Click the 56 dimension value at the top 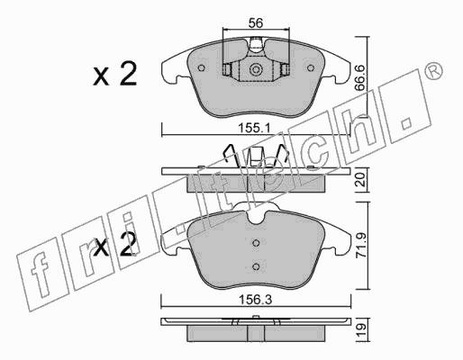point(256,22)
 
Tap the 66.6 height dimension point(359,78)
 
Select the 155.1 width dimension point(254,129)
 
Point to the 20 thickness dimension point(360,179)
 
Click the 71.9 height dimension point(360,246)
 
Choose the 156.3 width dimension point(255,300)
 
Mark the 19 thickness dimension point(360,329)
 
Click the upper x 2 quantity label point(115,74)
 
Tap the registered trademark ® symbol point(434,71)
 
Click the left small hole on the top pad point(202,68)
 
